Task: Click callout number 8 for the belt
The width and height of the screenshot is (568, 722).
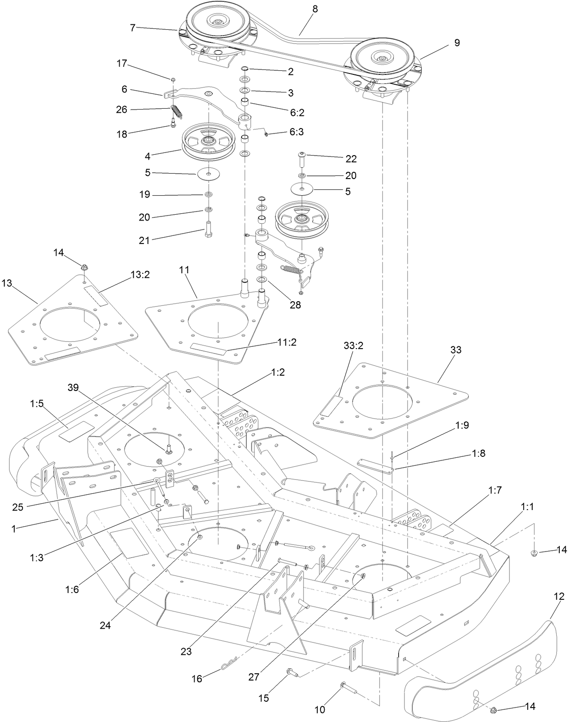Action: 315,9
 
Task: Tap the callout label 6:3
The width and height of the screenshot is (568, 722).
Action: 297,132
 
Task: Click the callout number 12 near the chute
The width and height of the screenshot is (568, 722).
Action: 559,596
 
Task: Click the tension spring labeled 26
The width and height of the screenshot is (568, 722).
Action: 176,111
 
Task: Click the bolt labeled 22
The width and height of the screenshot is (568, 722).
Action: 302,160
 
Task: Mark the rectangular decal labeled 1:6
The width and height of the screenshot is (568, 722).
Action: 129,544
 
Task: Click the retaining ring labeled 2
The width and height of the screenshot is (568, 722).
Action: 245,68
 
